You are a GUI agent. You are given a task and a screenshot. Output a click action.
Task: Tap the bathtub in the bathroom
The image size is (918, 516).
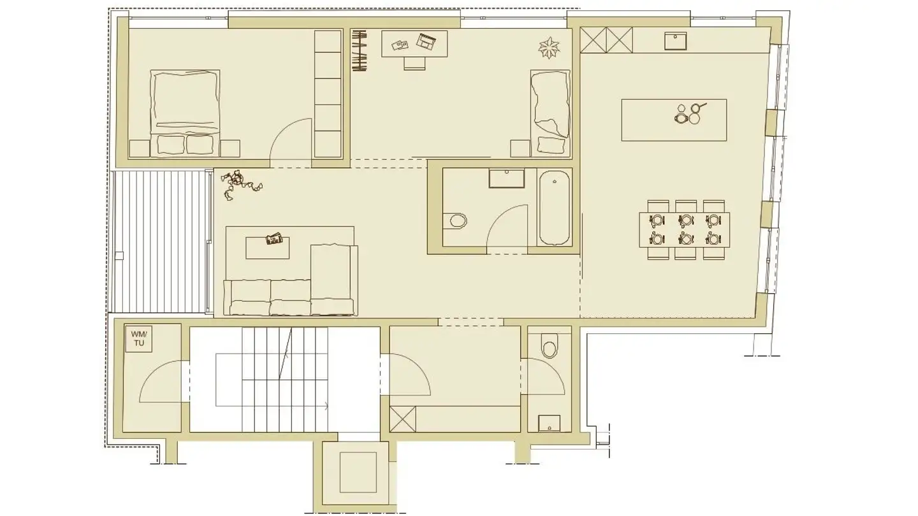[555, 207]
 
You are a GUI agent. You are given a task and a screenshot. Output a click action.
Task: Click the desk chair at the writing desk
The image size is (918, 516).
[414, 62]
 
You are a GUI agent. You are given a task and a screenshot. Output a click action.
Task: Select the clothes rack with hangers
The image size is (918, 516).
[361, 51]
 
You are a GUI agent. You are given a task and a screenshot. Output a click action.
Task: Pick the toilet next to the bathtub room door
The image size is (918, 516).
[457, 221]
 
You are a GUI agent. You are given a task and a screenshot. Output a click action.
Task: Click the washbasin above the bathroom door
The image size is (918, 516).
[507, 178]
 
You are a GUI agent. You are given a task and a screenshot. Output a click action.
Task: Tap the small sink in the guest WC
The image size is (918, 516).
[549, 423]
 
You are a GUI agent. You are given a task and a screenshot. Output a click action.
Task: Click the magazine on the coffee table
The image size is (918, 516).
[275, 239]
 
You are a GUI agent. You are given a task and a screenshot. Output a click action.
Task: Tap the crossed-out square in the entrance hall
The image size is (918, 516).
[402, 419]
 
